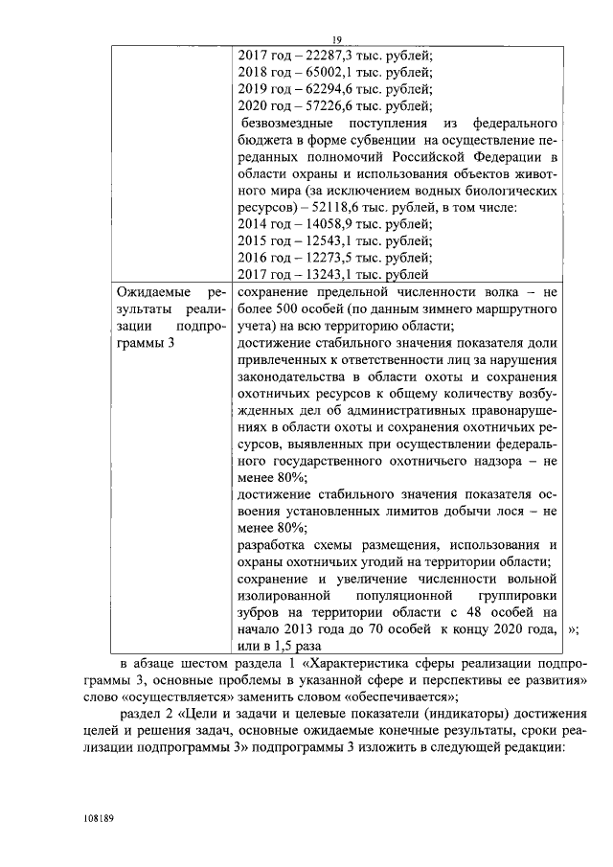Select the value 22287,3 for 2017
click(331, 55)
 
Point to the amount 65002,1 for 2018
click(331, 72)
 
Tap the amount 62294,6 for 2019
click(331, 89)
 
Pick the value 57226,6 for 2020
click(331, 106)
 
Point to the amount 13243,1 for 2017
click(331, 279)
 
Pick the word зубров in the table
click(261, 611)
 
